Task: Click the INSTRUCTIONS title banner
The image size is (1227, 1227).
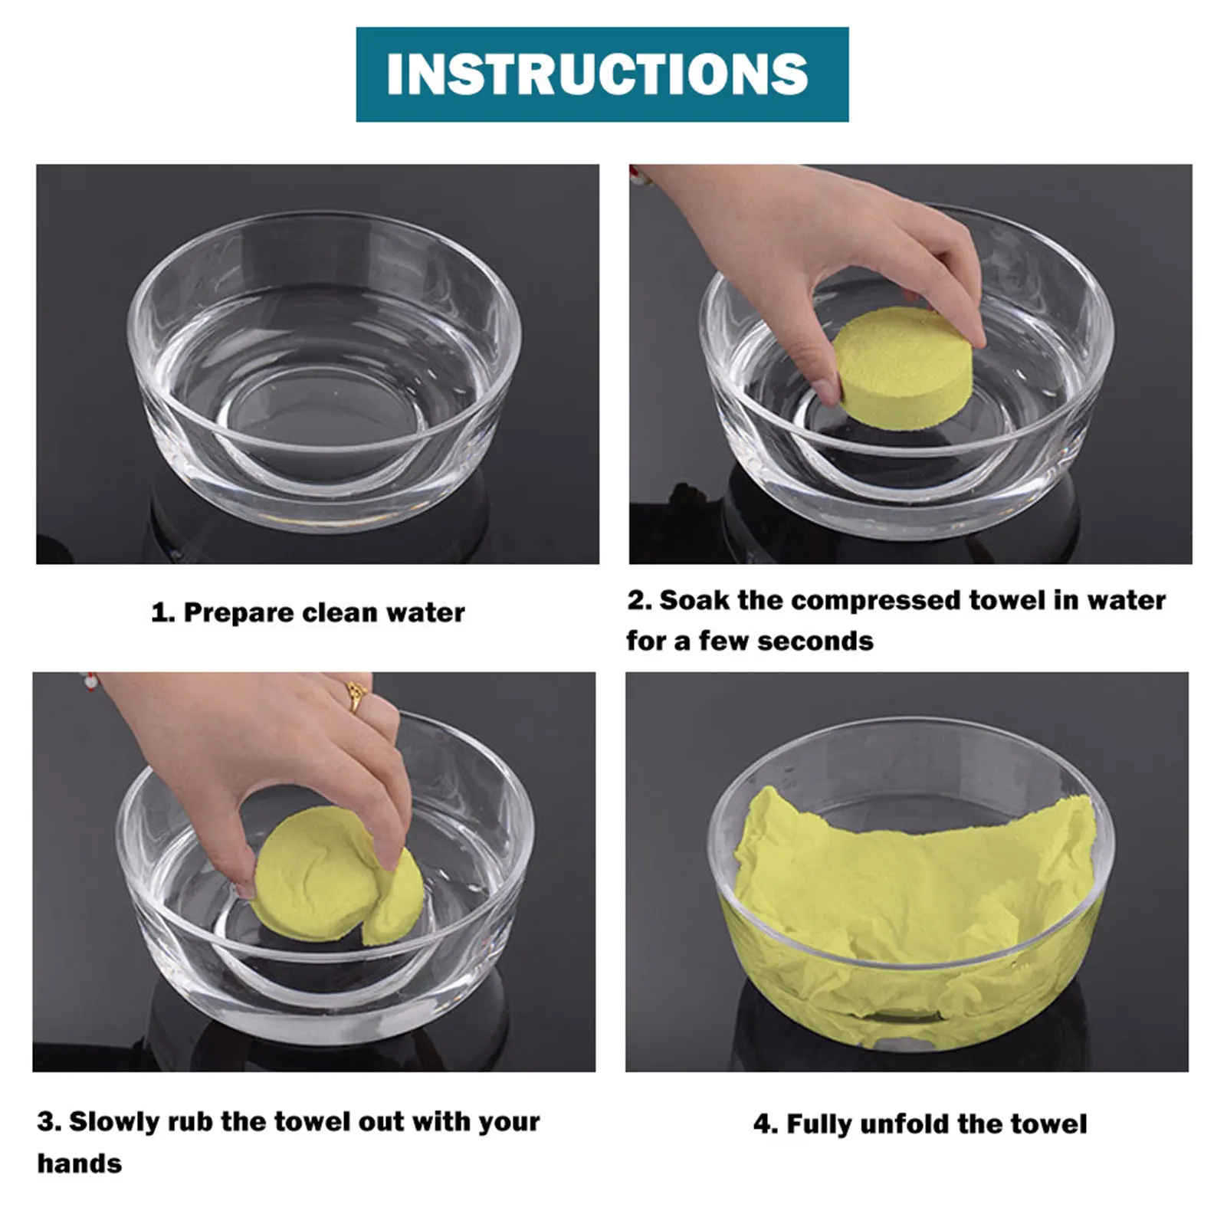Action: coord(602,74)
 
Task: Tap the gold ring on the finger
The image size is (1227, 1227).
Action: coord(357,696)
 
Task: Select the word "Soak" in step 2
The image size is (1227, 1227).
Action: coord(695,600)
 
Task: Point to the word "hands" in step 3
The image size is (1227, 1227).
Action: coord(80,1163)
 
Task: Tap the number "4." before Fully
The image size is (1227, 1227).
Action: coord(766,1124)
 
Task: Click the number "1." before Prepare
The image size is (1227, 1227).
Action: coord(163,613)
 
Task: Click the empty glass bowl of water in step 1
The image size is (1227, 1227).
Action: coord(324,372)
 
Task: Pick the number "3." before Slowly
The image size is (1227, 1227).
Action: coord(49,1122)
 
